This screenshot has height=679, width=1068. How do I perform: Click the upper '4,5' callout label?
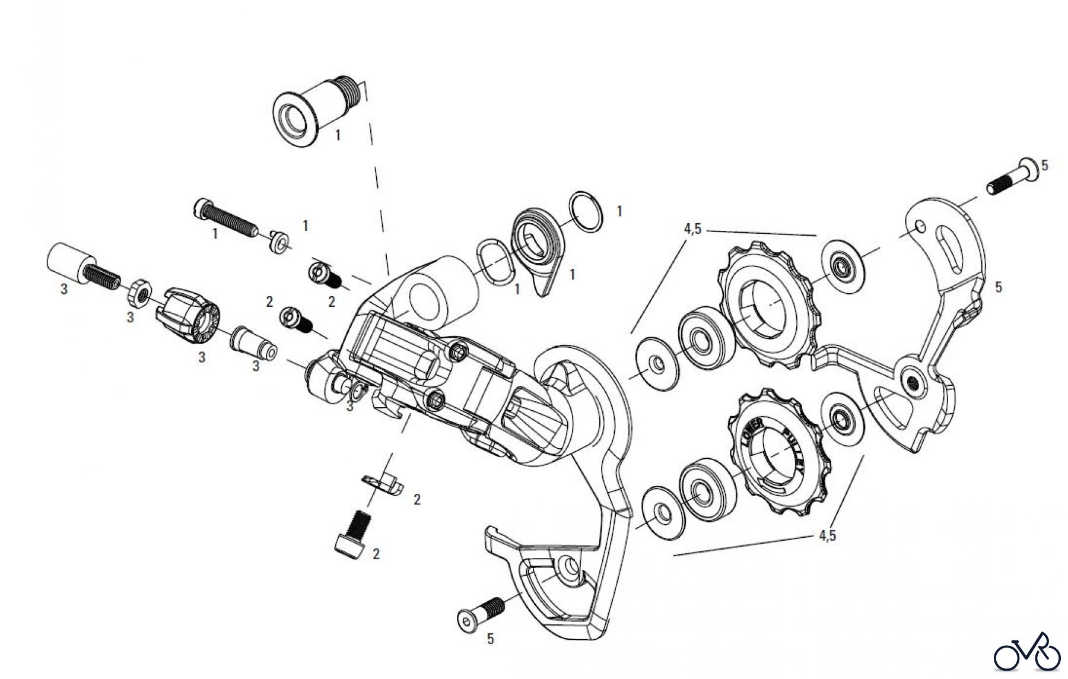692,229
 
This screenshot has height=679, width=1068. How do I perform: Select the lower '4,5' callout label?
827,535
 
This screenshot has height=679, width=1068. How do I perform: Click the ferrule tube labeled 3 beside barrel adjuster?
254,344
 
